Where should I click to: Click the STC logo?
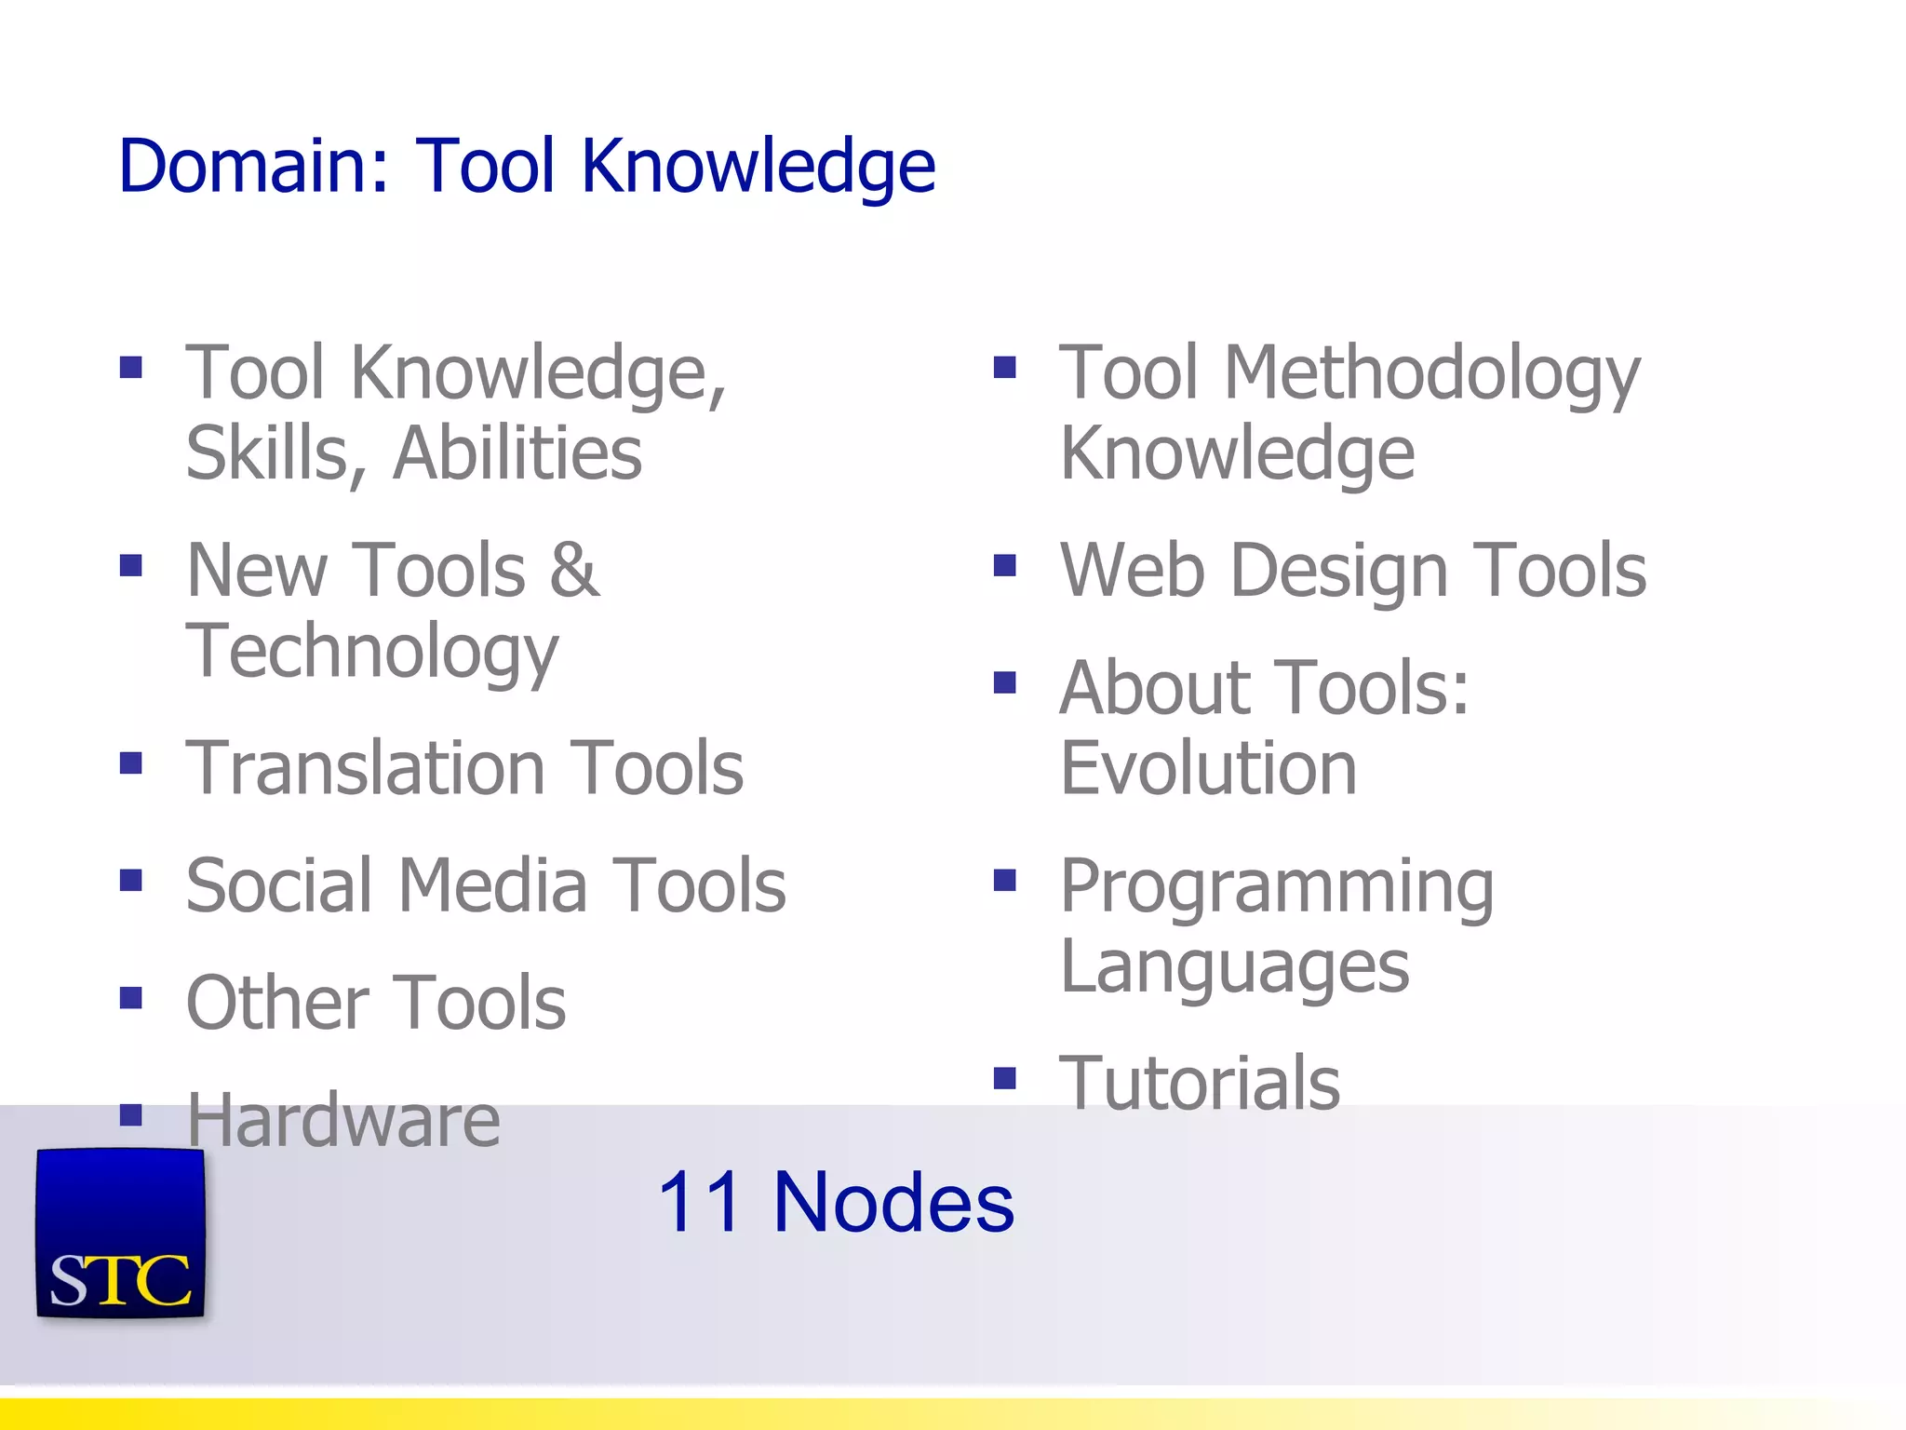120,1233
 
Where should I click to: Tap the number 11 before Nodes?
699,1202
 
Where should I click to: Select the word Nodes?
893,1202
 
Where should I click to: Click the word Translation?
365,769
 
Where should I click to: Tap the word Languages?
1234,968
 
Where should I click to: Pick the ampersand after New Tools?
574,570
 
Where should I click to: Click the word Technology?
372,653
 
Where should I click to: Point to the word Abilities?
517,453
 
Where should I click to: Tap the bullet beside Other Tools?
131,998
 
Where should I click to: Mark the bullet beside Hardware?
131,1114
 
